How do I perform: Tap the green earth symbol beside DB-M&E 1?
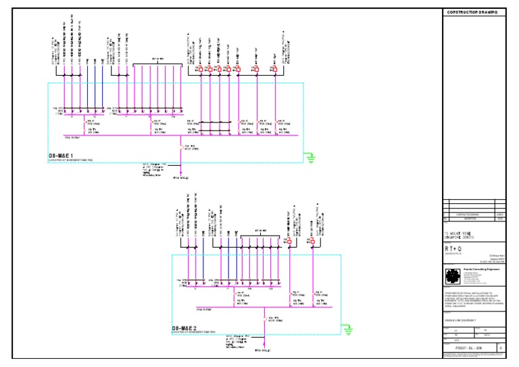312,159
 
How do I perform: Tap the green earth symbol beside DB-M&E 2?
348,330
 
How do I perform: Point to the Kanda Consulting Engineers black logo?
452,276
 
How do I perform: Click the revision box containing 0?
500,348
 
